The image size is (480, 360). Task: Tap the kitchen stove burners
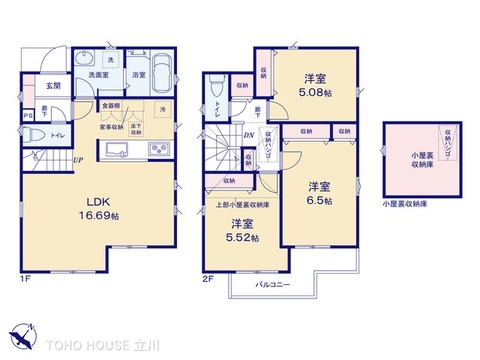pyautogui.click(x=157, y=151)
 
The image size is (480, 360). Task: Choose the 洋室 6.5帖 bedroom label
pyautogui.click(x=319, y=193)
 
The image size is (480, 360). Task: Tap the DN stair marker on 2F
pyautogui.click(x=247, y=136)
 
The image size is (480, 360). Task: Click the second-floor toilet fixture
pyautogui.click(x=217, y=91)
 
